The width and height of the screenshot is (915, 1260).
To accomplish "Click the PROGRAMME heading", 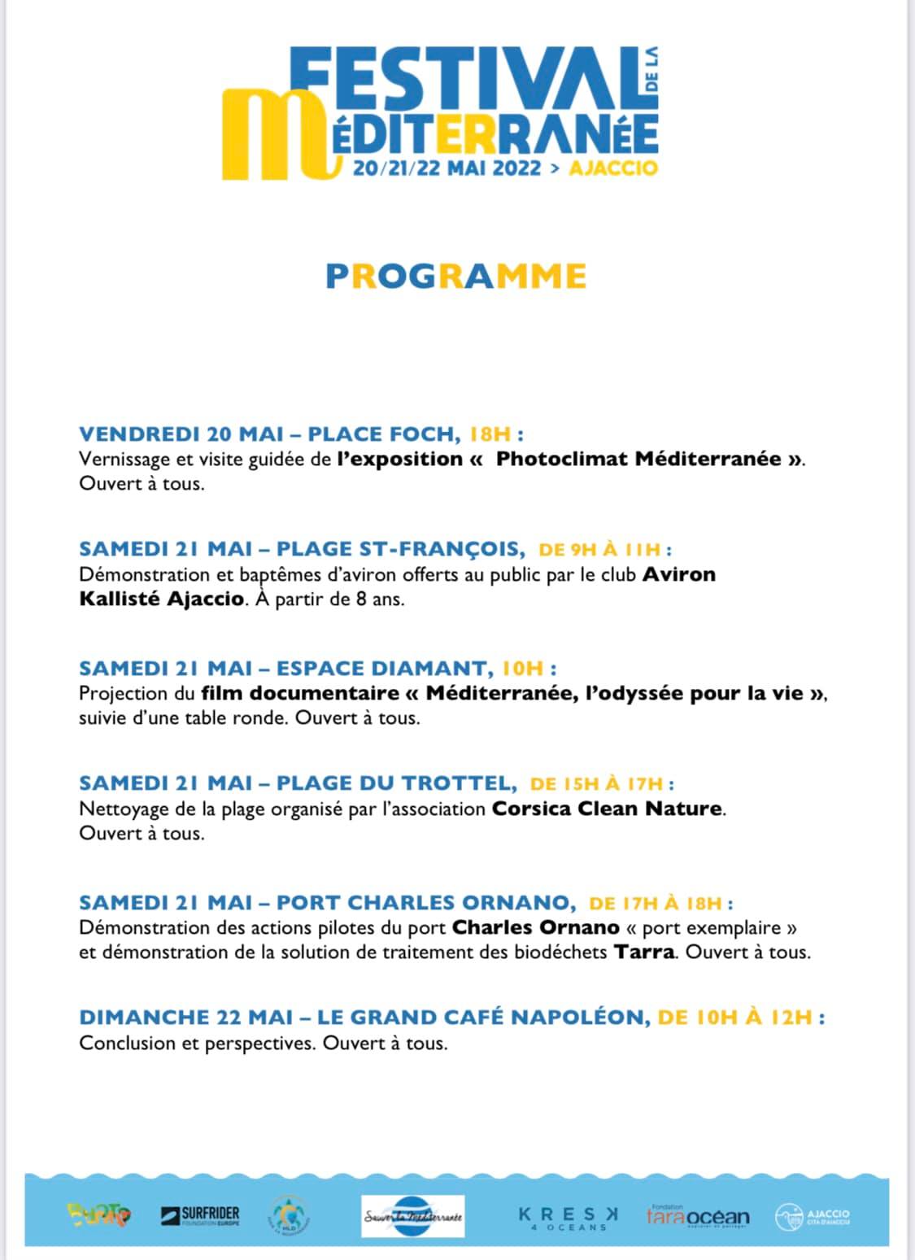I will click(455, 277).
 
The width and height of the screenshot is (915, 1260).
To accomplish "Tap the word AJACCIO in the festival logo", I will click(614, 168).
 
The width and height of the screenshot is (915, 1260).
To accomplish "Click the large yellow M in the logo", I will click(272, 133).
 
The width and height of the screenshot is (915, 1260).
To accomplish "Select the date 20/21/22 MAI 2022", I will click(447, 168).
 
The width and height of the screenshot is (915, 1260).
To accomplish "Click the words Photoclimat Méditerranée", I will click(638, 459).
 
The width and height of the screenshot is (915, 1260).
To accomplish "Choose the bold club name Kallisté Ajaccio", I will click(161, 599).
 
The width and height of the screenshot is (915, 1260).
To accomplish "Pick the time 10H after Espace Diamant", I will click(522, 669).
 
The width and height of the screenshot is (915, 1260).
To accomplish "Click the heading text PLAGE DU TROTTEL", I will click(395, 783).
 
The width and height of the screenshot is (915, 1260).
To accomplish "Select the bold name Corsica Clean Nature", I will click(607, 809).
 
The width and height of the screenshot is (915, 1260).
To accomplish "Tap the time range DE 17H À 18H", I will click(656, 903).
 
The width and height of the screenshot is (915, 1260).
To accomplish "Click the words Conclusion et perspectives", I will click(196, 1043).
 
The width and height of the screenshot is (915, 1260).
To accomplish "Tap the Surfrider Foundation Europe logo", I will click(201, 1216).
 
